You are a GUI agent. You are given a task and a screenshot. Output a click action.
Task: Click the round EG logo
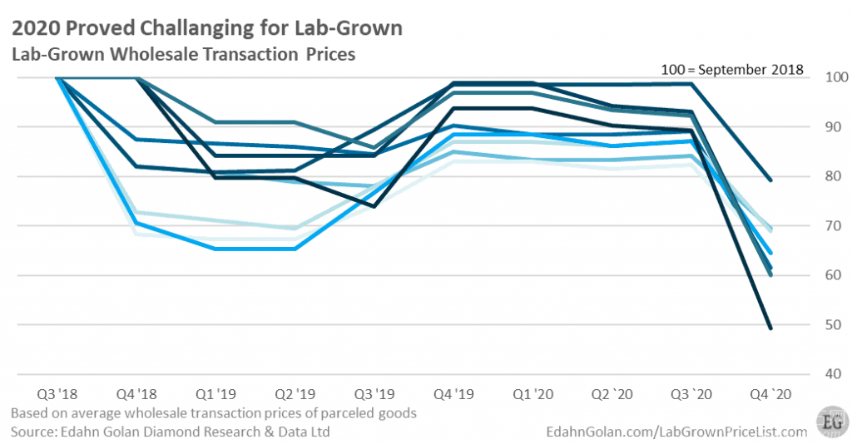(x=830, y=421)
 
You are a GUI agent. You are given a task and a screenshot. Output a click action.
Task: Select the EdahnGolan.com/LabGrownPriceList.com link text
(x=676, y=431)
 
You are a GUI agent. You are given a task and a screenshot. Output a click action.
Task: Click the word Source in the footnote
(x=34, y=431)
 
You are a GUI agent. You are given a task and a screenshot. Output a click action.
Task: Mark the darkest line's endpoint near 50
(x=770, y=328)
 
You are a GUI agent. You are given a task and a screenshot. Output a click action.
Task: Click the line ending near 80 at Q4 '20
(x=770, y=180)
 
